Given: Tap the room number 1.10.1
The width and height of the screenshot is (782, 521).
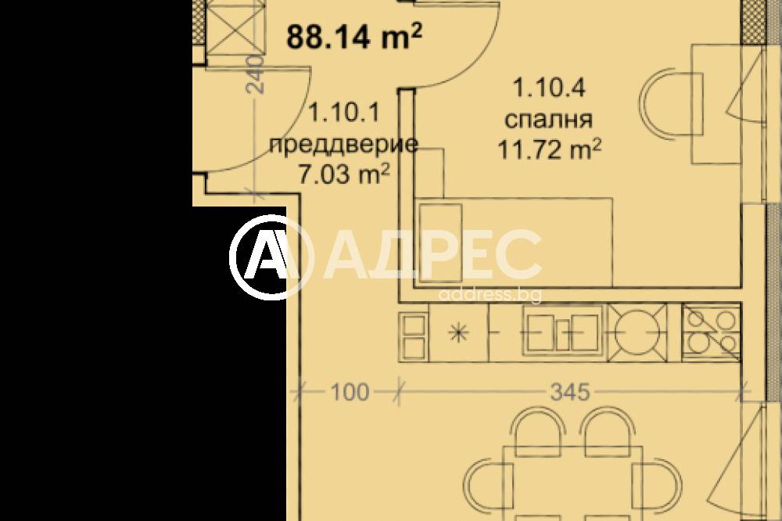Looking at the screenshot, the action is pyautogui.click(x=345, y=113).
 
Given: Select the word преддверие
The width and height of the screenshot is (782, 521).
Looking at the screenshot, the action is pyautogui.click(x=343, y=145).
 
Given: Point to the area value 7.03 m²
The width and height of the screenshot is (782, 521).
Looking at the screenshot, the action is pyautogui.click(x=343, y=174).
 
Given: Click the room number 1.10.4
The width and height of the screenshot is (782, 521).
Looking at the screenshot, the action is pyautogui.click(x=549, y=88).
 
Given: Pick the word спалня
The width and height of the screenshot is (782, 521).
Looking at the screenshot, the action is pyautogui.click(x=549, y=120).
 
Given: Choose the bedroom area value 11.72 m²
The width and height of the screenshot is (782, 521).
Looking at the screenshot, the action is pyautogui.click(x=549, y=149).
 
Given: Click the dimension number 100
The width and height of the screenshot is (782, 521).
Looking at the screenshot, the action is pyautogui.click(x=350, y=392).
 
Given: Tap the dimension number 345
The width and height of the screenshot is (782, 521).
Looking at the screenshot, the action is pyautogui.click(x=570, y=392).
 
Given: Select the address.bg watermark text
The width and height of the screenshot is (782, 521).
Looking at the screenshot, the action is pyautogui.click(x=490, y=294).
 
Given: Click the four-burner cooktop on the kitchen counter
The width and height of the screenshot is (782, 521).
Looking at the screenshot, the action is pyautogui.click(x=711, y=332).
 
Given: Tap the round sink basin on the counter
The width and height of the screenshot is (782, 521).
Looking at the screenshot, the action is pyautogui.click(x=637, y=332).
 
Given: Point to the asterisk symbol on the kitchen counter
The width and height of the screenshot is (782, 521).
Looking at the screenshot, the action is pyautogui.click(x=458, y=332).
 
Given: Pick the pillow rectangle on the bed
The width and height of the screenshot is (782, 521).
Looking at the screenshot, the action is pyautogui.click(x=440, y=245).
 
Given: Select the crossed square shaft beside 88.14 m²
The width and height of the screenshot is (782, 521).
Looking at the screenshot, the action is pyautogui.click(x=234, y=27).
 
